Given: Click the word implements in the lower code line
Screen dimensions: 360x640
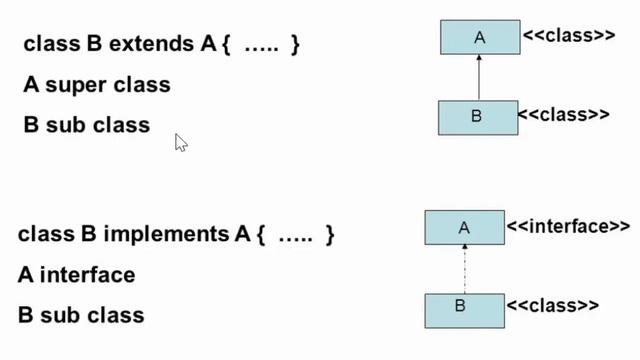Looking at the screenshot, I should click(x=166, y=235).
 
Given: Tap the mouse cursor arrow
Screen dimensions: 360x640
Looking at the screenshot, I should click(x=180, y=142).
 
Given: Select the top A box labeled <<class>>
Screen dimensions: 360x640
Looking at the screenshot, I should click(x=479, y=38).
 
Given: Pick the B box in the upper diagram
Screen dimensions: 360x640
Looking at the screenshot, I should click(x=478, y=117).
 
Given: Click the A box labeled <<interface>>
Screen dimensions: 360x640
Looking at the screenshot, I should click(x=464, y=228).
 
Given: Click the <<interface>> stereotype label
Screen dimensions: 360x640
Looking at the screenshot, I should click(x=568, y=227).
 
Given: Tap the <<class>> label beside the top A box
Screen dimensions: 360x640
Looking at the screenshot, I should click(x=568, y=36).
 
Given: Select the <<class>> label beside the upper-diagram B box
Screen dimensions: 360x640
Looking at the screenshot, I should click(x=563, y=114).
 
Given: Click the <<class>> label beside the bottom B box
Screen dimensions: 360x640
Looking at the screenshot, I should click(x=553, y=305).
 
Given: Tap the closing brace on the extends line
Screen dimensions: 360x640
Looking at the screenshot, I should click(x=295, y=45).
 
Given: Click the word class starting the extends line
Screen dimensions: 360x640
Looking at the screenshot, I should click(x=48, y=45).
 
